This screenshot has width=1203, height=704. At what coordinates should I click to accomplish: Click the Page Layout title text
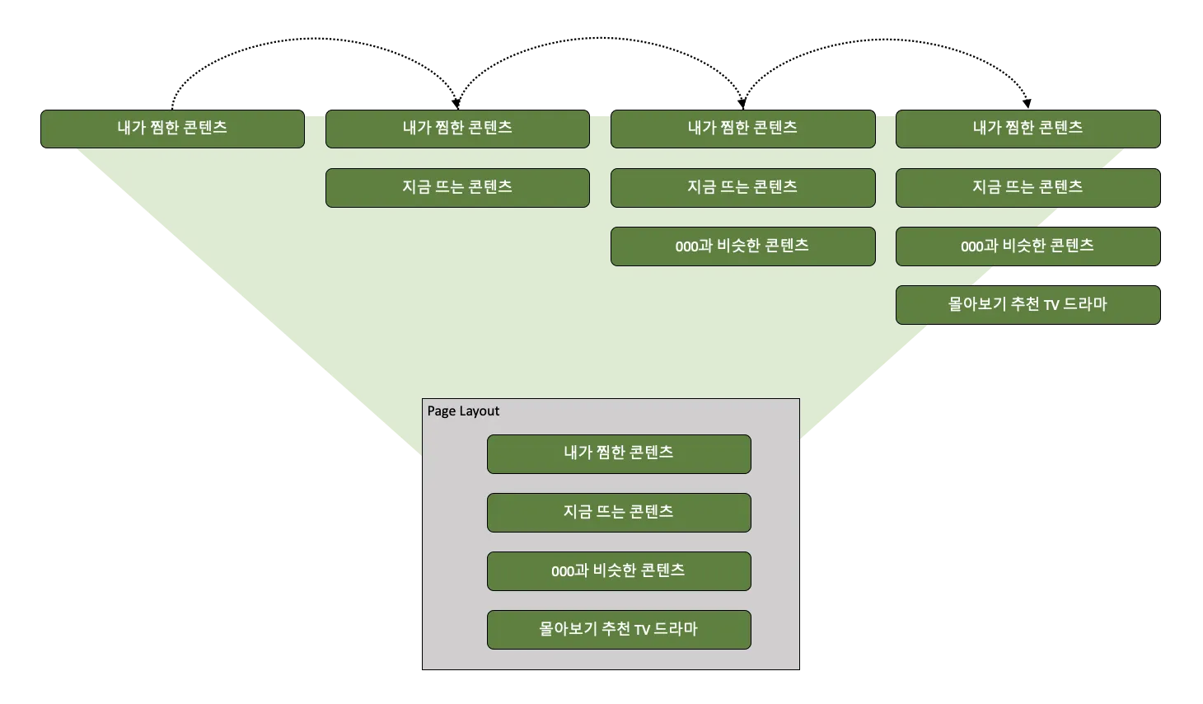tap(463, 411)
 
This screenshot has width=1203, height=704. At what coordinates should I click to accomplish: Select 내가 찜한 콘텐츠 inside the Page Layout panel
tap(619, 453)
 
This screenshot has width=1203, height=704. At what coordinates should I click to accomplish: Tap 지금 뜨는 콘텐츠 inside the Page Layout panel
tap(619, 512)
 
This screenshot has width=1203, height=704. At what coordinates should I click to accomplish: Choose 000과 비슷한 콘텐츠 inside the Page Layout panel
tap(619, 570)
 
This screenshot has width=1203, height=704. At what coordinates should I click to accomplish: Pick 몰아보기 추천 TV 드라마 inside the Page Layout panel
tap(619, 629)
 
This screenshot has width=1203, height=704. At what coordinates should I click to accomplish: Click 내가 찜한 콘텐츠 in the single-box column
tap(172, 129)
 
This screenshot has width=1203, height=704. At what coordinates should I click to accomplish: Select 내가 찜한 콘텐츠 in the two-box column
tap(457, 129)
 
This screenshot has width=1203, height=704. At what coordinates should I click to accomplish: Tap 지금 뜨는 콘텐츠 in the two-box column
tap(457, 187)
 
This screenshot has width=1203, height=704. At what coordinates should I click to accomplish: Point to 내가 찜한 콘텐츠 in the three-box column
tap(742, 129)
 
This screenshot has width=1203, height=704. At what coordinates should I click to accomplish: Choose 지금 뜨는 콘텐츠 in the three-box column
tap(742, 187)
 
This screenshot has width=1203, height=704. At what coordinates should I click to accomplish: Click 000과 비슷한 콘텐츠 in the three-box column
tap(742, 246)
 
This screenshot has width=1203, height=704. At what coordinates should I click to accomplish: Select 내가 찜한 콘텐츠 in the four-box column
tap(1027, 129)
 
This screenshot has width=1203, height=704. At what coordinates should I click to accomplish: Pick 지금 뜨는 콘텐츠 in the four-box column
tap(1027, 187)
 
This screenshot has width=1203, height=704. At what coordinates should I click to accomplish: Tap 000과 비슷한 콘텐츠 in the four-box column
tap(1027, 246)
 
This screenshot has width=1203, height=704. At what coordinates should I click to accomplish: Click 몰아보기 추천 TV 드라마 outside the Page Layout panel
tap(1027, 304)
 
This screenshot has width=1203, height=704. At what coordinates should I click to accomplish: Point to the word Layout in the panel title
tap(479, 411)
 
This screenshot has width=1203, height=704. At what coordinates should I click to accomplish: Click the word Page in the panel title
tap(441, 411)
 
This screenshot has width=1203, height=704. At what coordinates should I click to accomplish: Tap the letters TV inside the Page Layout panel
tap(642, 631)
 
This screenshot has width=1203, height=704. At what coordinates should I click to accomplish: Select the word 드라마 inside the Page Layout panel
tap(676, 629)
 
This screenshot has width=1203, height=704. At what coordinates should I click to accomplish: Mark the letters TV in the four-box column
tap(1051, 306)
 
